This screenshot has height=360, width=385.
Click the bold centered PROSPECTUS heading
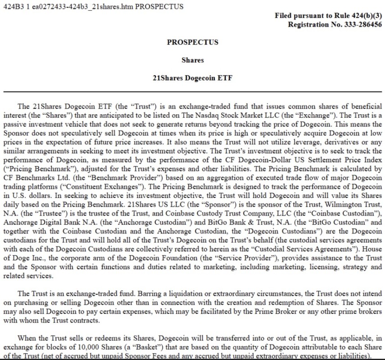click(192, 42)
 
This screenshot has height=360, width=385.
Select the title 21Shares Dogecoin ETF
click(192, 78)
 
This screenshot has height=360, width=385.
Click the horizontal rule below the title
click(192, 92)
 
